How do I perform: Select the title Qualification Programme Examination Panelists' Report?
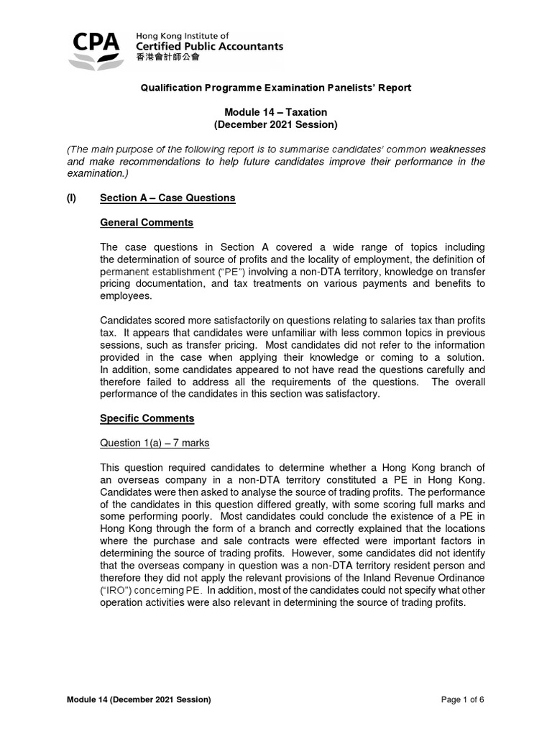click(276, 88)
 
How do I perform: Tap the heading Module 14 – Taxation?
click(276, 112)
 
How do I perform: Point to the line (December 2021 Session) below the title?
click(276, 124)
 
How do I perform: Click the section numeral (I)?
click(72, 198)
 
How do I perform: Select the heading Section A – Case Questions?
click(167, 198)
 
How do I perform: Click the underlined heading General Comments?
click(147, 223)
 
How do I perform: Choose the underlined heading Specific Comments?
click(147, 418)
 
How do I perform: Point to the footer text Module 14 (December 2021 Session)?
click(139, 699)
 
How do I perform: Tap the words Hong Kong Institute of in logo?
click(183, 35)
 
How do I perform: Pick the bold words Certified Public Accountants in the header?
click(209, 47)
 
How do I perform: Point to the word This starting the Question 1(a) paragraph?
click(111, 468)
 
